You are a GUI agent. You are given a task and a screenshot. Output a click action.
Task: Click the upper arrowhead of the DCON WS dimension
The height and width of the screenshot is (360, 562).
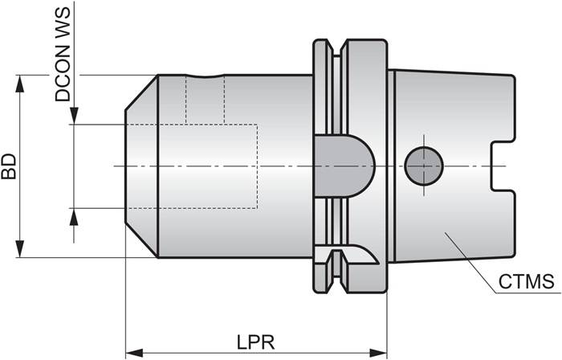(74, 118)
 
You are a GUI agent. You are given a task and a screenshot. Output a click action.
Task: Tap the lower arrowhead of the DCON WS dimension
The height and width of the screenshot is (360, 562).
(74, 215)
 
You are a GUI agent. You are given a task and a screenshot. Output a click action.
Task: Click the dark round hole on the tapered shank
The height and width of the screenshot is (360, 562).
(423, 166)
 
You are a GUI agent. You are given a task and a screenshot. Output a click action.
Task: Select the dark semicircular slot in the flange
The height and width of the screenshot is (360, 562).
(344, 166)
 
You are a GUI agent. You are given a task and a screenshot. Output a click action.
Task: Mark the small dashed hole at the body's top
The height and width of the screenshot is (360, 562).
(205, 100)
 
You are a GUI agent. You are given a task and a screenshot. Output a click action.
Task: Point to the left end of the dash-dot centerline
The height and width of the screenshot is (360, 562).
(116, 166)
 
